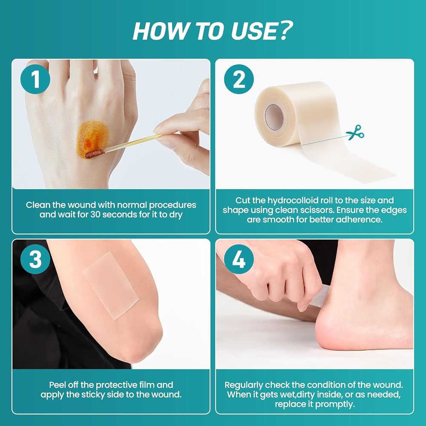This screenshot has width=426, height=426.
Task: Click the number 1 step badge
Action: [35, 79]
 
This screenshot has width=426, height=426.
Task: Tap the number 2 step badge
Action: [239, 79]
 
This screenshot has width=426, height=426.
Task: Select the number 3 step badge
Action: [35, 259]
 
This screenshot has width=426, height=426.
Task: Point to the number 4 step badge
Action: [239, 259]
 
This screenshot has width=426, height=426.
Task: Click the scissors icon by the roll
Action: [355, 132]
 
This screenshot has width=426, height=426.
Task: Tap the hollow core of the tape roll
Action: [274, 118]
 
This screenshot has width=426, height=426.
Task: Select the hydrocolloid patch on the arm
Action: [111, 285]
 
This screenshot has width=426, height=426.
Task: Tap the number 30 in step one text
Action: [95, 215]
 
